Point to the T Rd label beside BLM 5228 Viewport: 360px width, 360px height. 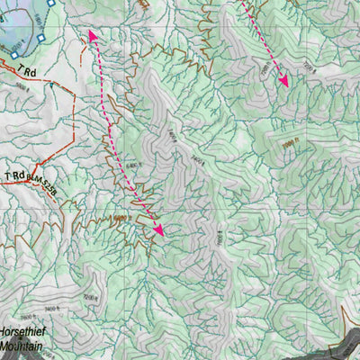tap(15, 175)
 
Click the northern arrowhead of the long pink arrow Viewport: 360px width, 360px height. tap(91, 35)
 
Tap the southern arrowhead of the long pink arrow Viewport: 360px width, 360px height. tap(159, 231)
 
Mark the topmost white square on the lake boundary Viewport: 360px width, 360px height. tap(51, 4)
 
